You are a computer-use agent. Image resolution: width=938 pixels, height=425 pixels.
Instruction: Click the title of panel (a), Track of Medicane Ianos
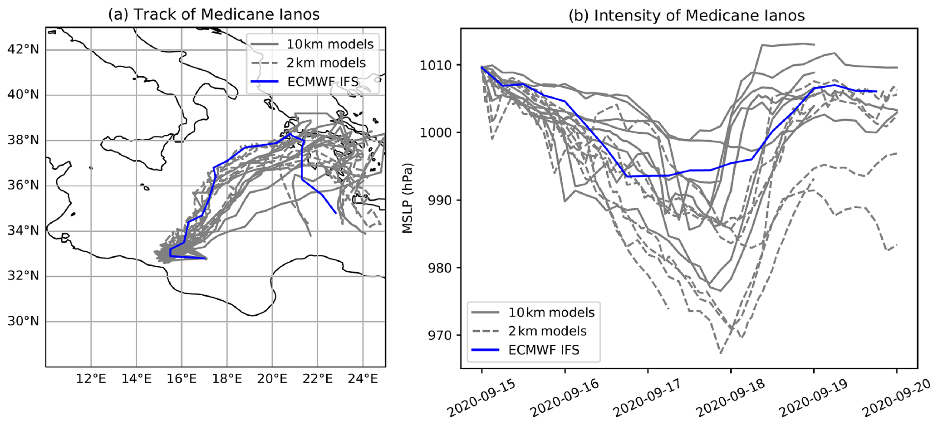click(x=213, y=15)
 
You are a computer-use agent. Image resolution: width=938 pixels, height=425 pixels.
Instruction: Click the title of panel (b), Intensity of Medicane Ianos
click(x=687, y=15)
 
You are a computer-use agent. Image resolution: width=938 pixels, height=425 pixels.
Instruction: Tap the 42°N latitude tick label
click(x=24, y=49)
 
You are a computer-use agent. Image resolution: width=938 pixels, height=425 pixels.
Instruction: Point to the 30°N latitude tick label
click(x=24, y=322)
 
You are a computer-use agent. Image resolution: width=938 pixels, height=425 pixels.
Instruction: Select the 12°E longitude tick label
click(x=91, y=378)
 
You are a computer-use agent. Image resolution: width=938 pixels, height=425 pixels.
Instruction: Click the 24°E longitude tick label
click(x=363, y=378)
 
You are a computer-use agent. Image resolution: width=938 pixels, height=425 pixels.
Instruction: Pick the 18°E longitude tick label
click(x=227, y=378)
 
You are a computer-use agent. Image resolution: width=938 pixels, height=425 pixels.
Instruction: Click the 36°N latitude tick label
click(x=24, y=186)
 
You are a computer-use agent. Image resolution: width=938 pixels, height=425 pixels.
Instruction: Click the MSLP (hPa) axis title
click(x=408, y=198)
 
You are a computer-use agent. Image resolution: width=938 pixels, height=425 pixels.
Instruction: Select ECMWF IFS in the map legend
click(x=323, y=82)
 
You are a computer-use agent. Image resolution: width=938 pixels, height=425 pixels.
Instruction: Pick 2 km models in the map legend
click(x=326, y=63)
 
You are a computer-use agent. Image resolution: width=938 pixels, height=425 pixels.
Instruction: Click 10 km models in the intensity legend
click(x=551, y=313)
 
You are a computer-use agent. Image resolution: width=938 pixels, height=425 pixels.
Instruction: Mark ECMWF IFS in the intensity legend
click(x=544, y=350)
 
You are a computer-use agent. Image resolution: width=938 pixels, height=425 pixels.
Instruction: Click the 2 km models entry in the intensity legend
click(x=547, y=331)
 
